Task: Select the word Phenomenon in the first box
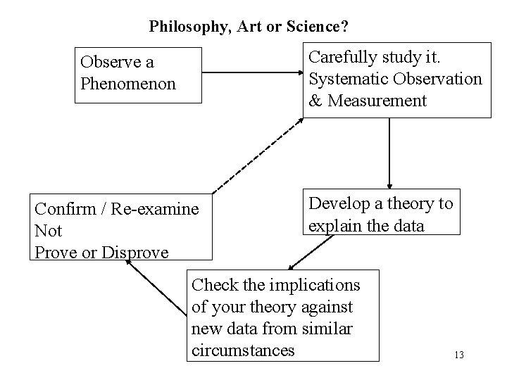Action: click(127, 84)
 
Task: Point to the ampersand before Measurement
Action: click(315, 101)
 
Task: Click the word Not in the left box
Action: click(48, 231)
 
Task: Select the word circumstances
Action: click(243, 350)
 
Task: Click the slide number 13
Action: click(459, 355)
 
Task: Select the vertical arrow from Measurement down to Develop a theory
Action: click(389, 152)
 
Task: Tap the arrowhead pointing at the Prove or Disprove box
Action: click(130, 263)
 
